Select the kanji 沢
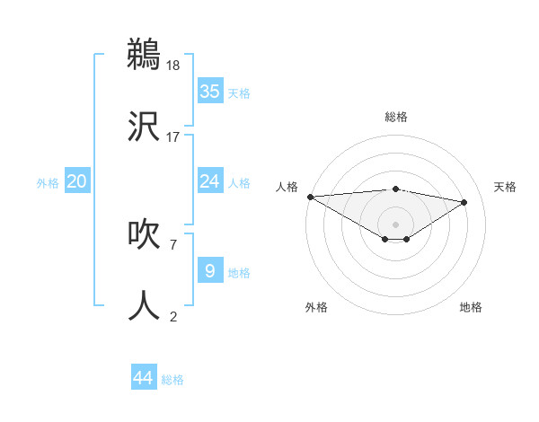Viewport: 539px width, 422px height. pos(144,127)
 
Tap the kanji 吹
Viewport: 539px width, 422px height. pos(144,234)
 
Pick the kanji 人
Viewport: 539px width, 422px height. pos(144,305)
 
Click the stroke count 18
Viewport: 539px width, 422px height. pos(173,66)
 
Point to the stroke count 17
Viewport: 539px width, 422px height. pos(173,136)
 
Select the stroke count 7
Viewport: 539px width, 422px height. pos(172,243)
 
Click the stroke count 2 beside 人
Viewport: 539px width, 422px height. pos(172,315)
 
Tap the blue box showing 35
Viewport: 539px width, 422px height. pos(209,92)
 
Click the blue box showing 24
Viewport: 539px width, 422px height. pos(209,181)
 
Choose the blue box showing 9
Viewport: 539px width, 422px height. pos(209,270)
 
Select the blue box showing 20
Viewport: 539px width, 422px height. pos(76,181)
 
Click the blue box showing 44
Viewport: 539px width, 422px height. pos(143,378)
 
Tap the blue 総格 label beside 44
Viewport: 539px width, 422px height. pos(172,380)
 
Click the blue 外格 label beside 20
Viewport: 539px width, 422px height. pos(48,183)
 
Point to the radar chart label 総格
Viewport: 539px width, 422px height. pos(395,117)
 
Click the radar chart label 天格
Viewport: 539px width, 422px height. pos(505,187)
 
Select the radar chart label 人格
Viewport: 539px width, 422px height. pos(287,187)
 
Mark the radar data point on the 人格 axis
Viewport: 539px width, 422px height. pos(310,197)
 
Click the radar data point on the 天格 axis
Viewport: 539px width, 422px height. pos(464,202)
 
